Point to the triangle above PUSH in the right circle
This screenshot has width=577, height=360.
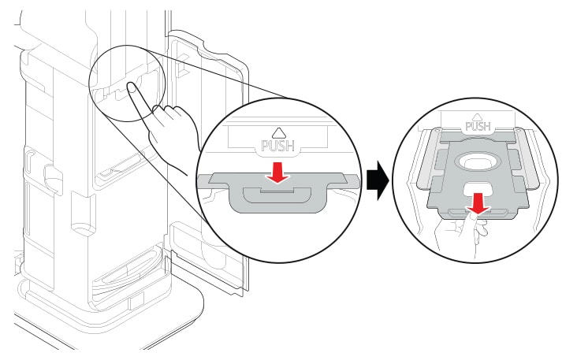tap(479, 115)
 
